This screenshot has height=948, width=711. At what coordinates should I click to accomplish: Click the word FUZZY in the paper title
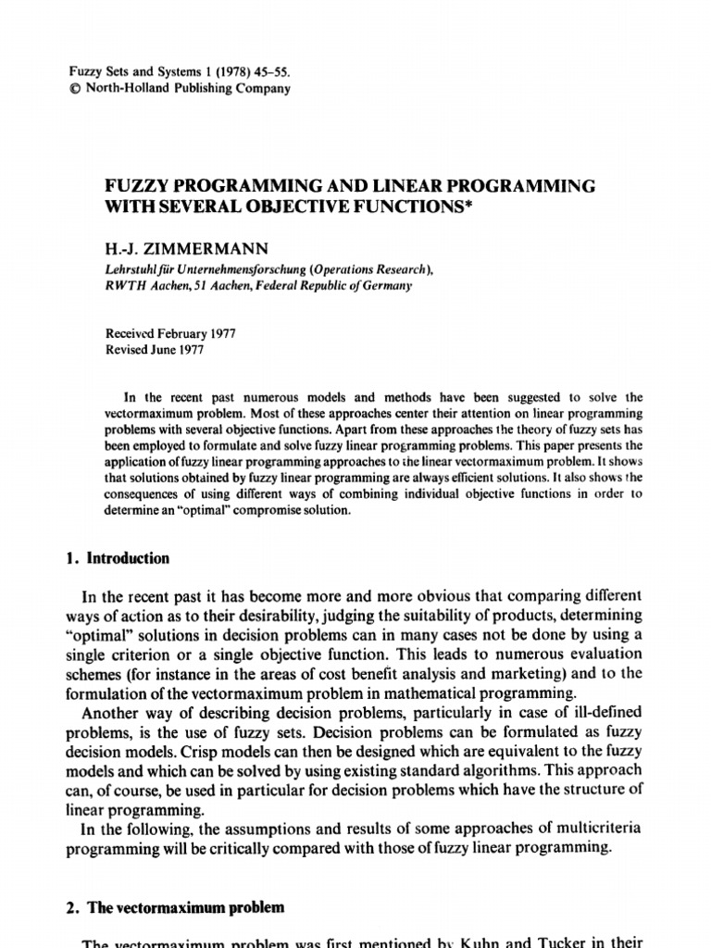[x=135, y=186]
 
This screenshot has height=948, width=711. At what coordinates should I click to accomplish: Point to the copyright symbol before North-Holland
[x=75, y=90]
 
